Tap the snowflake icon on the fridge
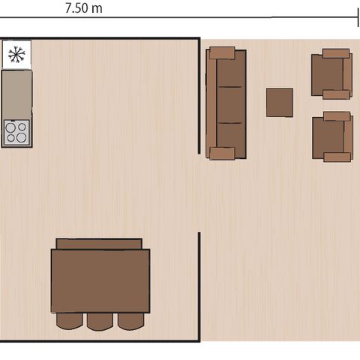[16, 54]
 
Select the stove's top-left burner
[11, 127]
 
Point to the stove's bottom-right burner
[22, 138]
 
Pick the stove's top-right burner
[22, 127]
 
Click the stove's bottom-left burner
[11, 138]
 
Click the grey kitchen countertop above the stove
[16, 94]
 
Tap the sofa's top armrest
[222, 52]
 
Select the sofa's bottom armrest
[222, 154]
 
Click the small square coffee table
[280, 103]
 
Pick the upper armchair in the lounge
[332, 74]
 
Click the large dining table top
[100, 280]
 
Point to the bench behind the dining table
[99, 244]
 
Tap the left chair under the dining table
[69, 321]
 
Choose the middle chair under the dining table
[100, 321]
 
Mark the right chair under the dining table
[130, 321]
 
